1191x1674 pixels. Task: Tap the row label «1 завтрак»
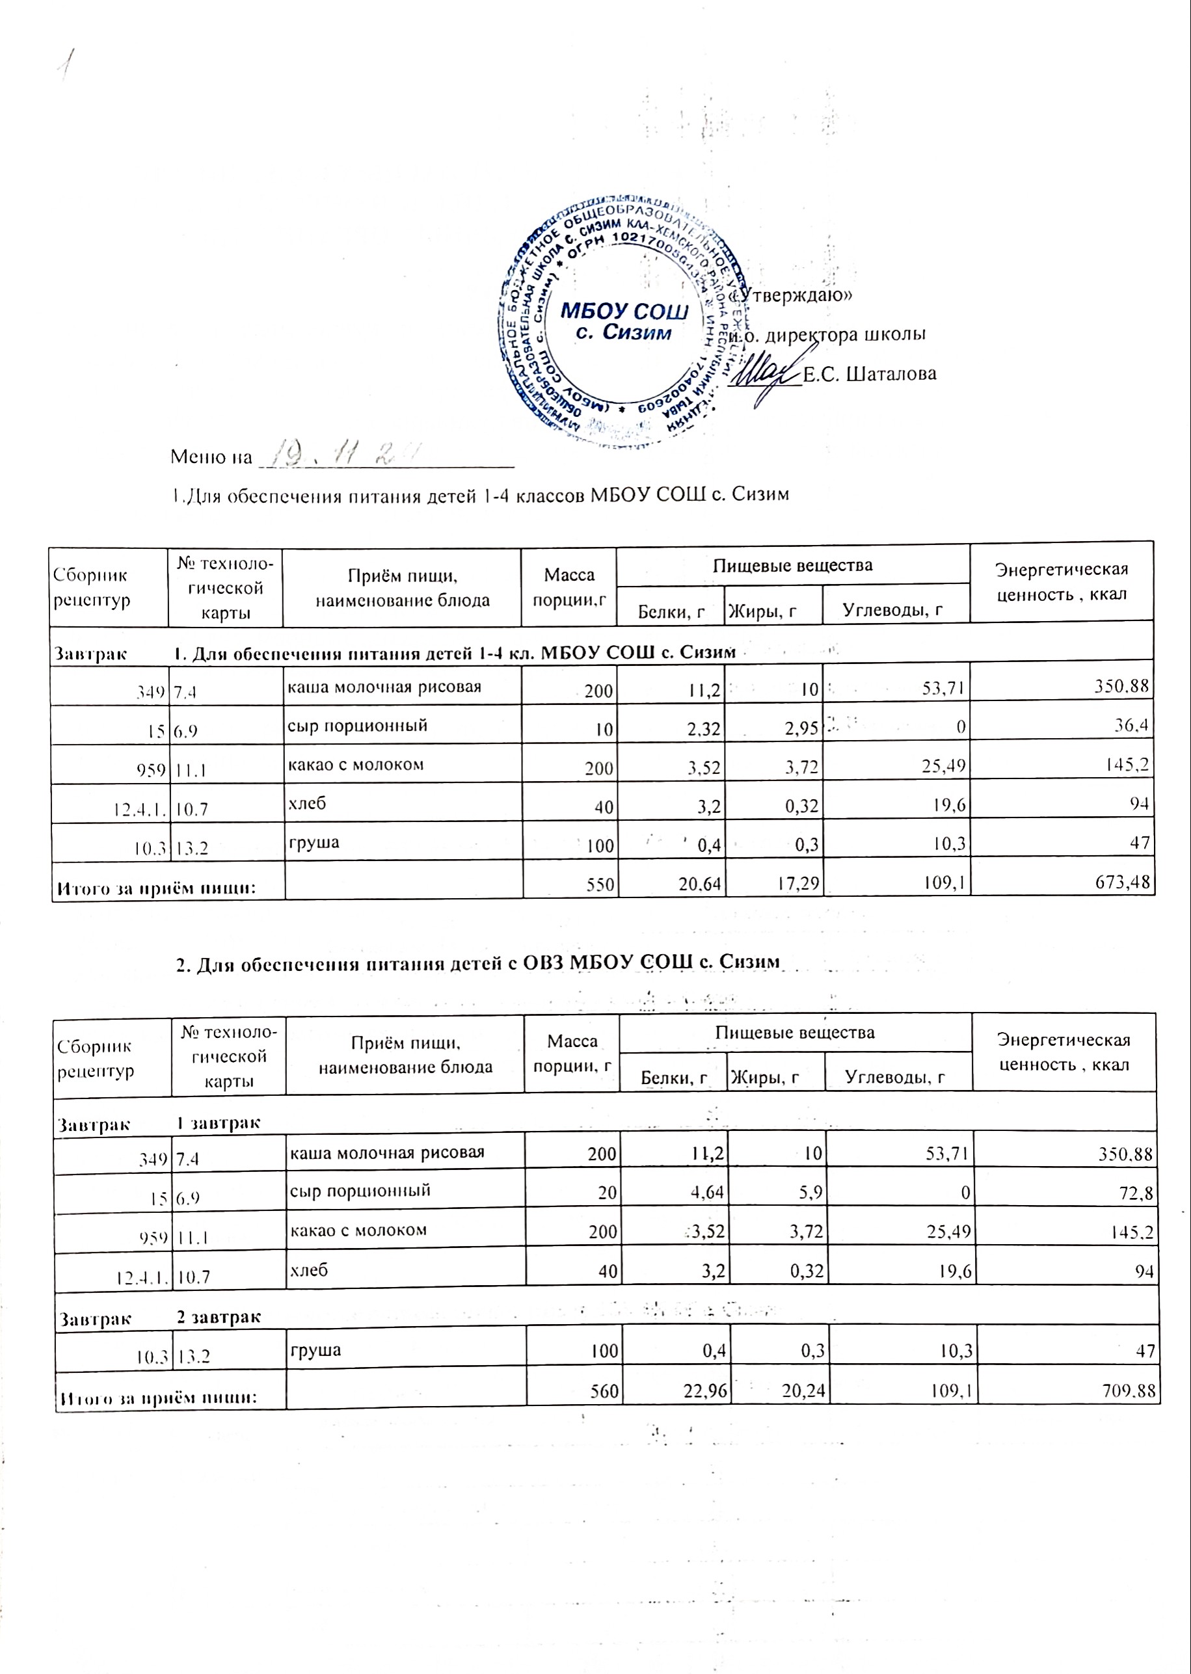[219, 1123]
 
